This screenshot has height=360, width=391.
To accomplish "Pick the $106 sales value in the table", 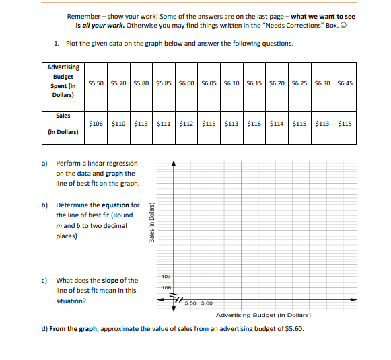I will click(x=97, y=124).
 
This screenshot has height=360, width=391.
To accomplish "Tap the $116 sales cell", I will click(x=254, y=124).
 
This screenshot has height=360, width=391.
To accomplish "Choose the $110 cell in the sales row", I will click(x=119, y=124).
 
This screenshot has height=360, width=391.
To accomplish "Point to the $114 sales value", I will click(x=277, y=124).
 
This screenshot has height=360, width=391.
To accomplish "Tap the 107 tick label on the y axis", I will click(x=166, y=277).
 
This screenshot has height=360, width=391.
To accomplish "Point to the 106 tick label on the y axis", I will click(x=166, y=288).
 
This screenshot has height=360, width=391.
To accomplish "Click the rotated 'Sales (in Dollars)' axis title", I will click(x=153, y=221).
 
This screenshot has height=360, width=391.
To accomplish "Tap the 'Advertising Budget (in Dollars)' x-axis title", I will click(x=262, y=315).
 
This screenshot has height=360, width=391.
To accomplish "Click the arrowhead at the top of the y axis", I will click(x=174, y=163).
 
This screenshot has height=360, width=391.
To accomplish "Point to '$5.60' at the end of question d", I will click(x=294, y=329).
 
